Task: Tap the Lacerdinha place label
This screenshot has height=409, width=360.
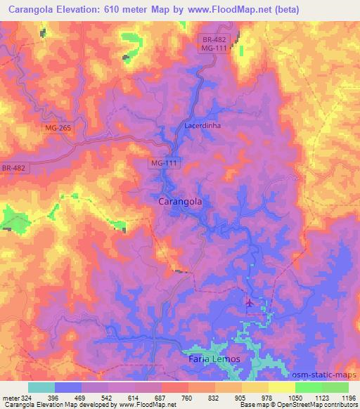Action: click(203, 125)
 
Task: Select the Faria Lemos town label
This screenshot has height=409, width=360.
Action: click(214, 359)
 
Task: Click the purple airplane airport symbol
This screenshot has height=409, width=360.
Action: click(249, 303)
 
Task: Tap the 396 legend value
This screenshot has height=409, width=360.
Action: click(53, 397)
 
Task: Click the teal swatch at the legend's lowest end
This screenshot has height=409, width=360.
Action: click(41, 387)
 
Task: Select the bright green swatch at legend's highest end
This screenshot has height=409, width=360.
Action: click(335, 387)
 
